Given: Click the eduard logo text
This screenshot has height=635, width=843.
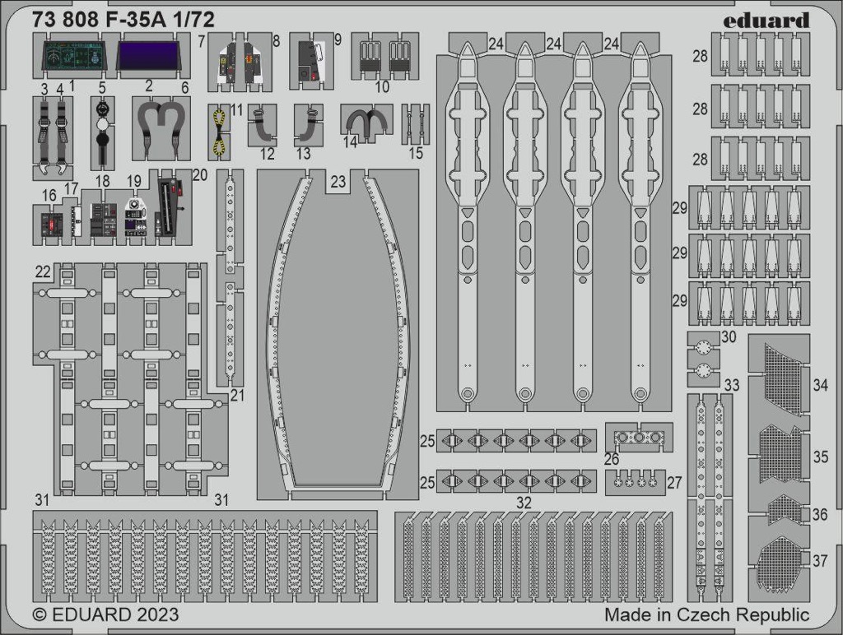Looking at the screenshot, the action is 766,21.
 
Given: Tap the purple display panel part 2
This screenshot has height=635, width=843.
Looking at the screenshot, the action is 148,56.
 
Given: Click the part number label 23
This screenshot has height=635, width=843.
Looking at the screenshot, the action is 338,181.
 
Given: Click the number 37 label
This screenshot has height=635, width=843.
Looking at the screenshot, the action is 819,560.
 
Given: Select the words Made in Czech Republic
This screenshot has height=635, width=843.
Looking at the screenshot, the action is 707,614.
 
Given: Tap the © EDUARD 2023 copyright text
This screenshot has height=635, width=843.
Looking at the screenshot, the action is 105,614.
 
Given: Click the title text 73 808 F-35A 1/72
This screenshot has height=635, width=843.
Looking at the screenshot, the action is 123,20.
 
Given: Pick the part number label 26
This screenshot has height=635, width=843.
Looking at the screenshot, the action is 612,459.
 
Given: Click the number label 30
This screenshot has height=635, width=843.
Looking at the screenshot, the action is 729,337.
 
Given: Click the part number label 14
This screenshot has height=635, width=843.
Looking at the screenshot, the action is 350,141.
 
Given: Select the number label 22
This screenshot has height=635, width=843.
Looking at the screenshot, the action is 43,271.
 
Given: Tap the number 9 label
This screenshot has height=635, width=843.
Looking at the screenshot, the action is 338,39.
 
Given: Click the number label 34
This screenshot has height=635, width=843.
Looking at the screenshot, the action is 821,385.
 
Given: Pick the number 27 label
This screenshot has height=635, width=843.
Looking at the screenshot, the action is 675,483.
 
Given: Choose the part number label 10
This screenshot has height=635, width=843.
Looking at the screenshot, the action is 382,87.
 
